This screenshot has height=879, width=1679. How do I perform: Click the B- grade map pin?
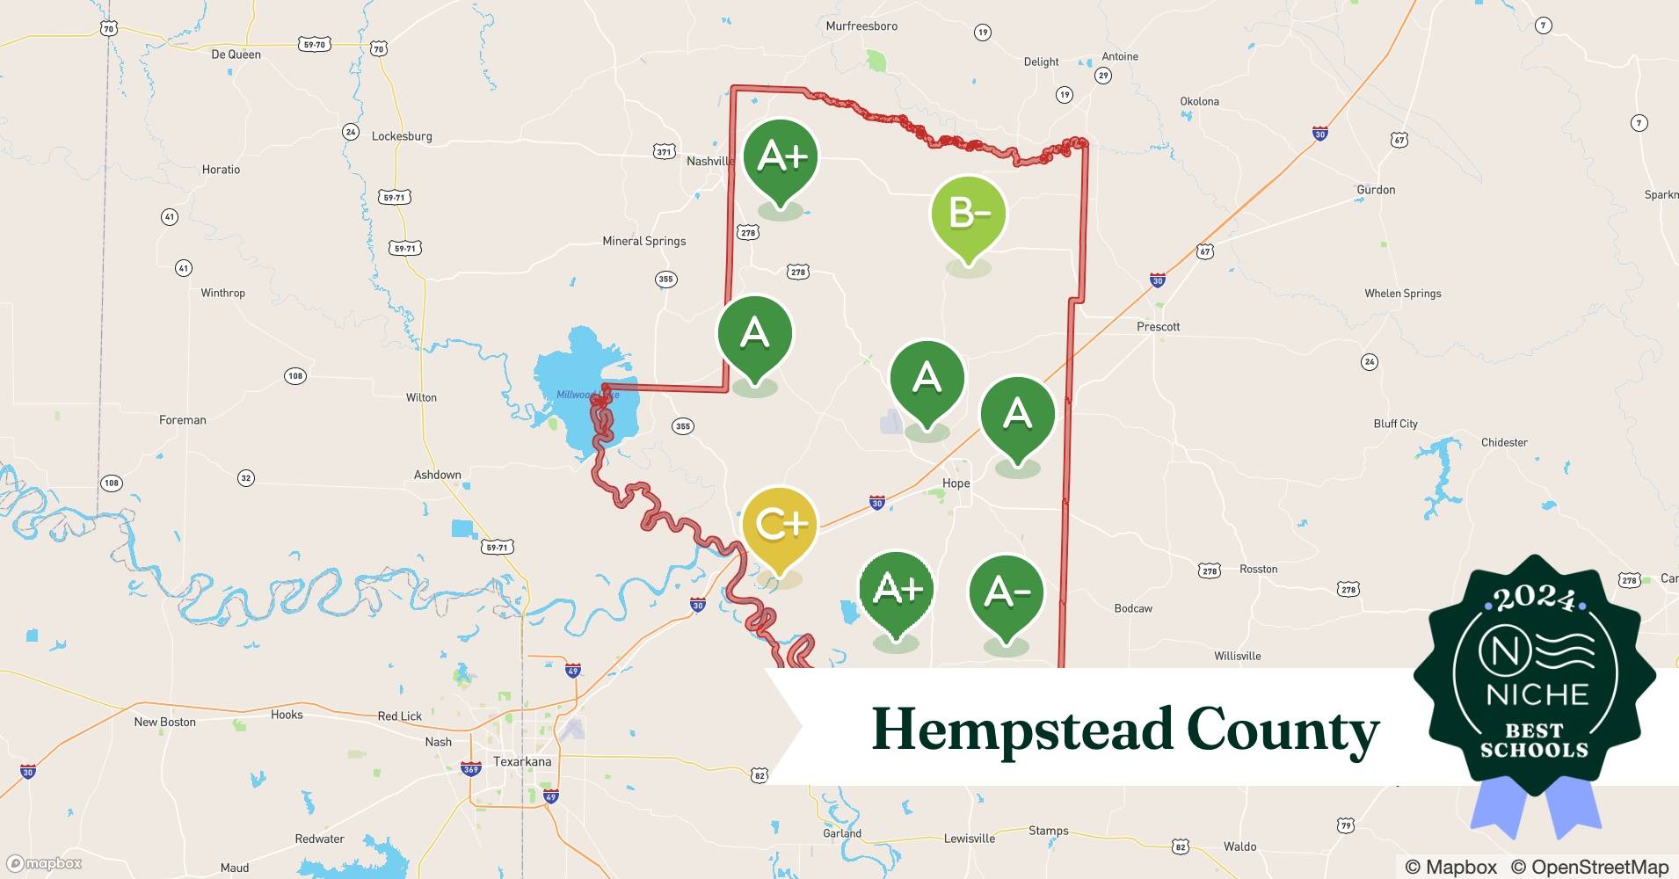pyautogui.click(x=968, y=214)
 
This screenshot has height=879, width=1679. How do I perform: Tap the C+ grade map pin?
pyautogui.click(x=779, y=525)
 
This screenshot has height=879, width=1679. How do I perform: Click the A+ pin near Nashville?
pyautogui.click(x=781, y=157)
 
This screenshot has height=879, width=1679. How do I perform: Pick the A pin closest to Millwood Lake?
pyautogui.click(x=754, y=334)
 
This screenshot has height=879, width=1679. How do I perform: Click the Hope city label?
pyautogui.click(x=956, y=483)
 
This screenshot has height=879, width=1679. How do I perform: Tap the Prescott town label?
pyautogui.click(x=1158, y=327)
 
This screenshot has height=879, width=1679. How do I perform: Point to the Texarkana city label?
pyautogui.click(x=522, y=761)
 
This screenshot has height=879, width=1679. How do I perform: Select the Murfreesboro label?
pyautogui.click(x=861, y=26)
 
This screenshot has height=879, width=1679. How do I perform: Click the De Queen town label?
pyautogui.click(x=236, y=54)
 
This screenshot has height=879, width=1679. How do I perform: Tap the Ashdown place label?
pyautogui.click(x=437, y=475)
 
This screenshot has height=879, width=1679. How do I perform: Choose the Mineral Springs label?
pyautogui.click(x=643, y=241)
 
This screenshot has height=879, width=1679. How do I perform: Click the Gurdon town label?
pyautogui.click(x=1376, y=190)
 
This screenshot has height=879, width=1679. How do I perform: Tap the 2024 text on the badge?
pyautogui.click(x=1534, y=599)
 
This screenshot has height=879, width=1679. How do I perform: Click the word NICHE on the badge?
pyautogui.click(x=1537, y=694)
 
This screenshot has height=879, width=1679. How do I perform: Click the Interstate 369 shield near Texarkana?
pyautogui.click(x=471, y=769)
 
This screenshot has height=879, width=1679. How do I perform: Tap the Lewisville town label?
pyautogui.click(x=969, y=839)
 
